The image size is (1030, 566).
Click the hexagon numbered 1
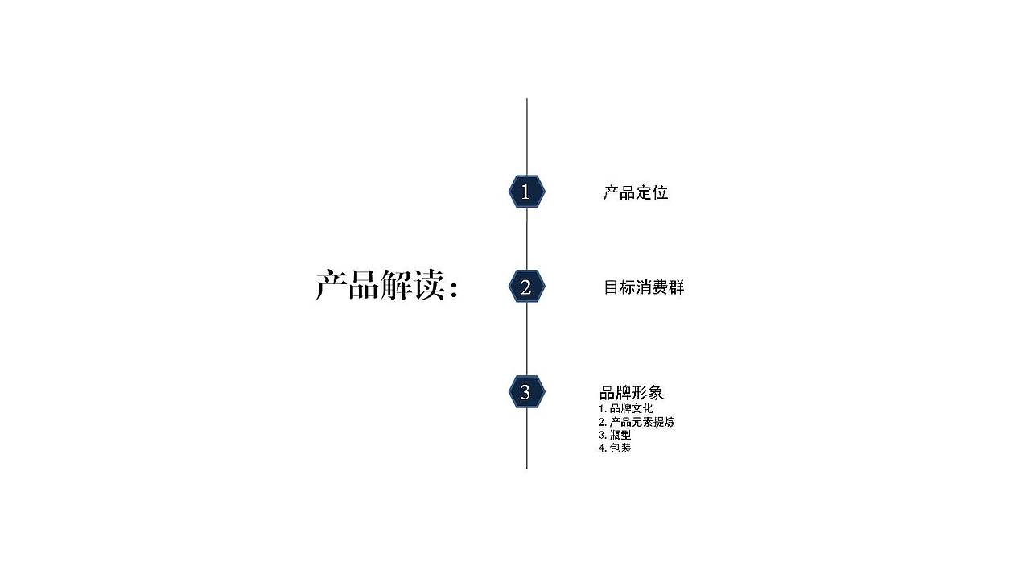[526, 192]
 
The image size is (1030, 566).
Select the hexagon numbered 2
[526, 287]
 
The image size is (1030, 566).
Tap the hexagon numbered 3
[526, 392]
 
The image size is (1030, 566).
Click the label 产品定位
[635, 193]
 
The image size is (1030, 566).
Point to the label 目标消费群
[644, 287]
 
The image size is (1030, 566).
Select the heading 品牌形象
[631, 393]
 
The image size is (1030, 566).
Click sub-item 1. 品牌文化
[625, 409]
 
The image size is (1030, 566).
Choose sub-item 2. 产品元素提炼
[637, 422]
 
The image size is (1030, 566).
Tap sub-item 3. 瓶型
[614, 435]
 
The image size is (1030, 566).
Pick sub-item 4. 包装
[615, 448]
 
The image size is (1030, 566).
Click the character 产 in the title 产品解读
[331, 286]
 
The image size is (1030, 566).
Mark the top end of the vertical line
[527, 100]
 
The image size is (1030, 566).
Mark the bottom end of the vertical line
[527, 467]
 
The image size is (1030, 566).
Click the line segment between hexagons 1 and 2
[527, 239]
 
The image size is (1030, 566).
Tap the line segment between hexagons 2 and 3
[527, 339]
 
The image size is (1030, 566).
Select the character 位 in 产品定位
[660, 193]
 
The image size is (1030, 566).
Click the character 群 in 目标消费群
[676, 287]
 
